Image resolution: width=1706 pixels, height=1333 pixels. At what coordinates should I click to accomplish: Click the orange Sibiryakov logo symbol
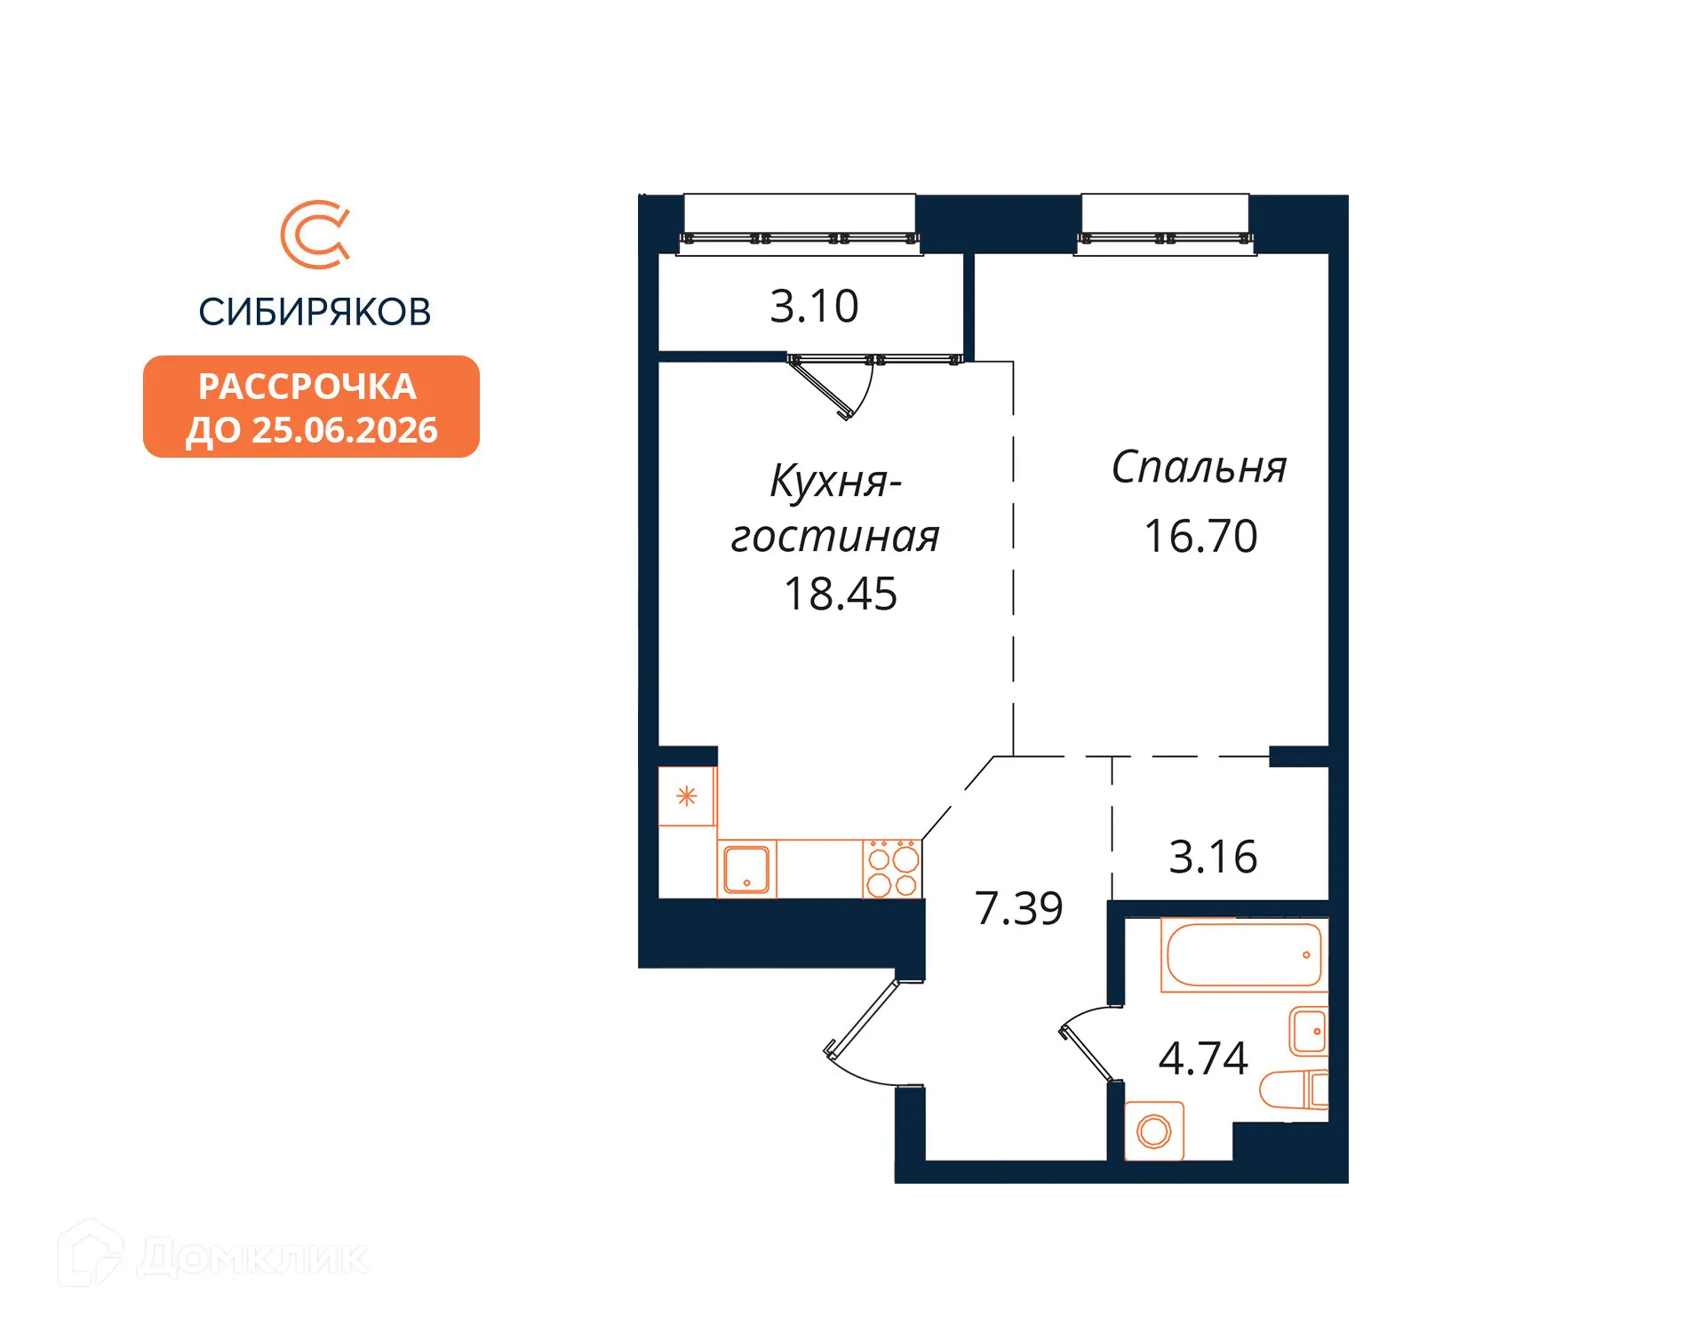coord(315,235)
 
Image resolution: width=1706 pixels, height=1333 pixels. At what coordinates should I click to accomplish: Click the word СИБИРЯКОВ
coord(315,312)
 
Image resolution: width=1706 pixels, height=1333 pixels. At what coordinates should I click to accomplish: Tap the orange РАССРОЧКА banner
coord(311,407)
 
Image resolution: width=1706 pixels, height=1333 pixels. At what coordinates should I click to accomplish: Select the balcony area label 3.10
coord(814,307)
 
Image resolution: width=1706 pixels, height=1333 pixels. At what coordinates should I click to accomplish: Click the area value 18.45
coord(841,595)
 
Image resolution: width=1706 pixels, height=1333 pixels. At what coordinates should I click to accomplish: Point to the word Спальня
coord(1199,467)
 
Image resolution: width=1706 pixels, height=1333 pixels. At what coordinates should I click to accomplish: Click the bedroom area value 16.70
coord(1200,537)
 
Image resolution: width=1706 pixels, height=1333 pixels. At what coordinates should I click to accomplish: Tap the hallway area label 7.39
coord(1018,908)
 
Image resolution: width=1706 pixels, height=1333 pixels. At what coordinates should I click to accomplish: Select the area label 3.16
coord(1213,858)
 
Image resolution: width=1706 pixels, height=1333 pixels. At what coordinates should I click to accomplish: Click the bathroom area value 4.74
coord(1203,1058)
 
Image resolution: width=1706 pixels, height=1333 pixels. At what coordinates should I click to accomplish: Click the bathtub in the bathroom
coord(1243,955)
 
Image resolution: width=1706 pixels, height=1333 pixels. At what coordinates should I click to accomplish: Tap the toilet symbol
coord(1294,1090)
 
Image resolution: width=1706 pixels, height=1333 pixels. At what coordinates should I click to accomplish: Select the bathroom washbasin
coord(1309,1031)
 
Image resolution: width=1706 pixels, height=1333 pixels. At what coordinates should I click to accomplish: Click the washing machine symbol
coord(1153,1131)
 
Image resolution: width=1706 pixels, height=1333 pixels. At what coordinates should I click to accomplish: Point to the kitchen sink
coord(746,868)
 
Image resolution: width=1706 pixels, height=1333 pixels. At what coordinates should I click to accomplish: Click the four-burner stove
coord(892,869)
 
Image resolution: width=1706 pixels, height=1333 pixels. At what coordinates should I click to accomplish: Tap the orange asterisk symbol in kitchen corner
coord(686,796)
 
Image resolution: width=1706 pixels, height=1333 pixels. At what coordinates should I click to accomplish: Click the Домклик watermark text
coord(253,1257)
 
